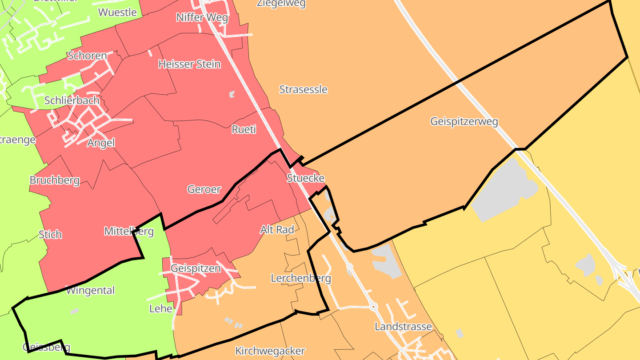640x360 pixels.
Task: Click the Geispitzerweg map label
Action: tap(464, 121)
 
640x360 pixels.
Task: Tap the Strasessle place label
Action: tap(303, 89)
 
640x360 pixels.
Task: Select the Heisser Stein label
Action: tap(189, 64)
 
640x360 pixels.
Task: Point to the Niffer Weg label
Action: tap(202, 17)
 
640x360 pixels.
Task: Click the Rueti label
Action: tap(244, 129)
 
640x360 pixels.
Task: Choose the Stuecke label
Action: tap(305, 178)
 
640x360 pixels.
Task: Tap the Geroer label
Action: tap(204, 189)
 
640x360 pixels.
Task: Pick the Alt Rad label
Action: tap(277, 230)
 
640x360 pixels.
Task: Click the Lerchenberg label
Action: tap(301, 278)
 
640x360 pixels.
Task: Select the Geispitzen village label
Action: tap(196, 268)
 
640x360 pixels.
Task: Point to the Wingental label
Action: tap(90, 291)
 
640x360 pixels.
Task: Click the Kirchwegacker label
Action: tap(270, 351)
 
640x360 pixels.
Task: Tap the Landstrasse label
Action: tap(403, 327)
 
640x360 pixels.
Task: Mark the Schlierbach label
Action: tap(72, 100)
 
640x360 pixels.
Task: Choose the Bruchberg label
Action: tap(55, 180)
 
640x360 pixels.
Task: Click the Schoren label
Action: tap(87, 56)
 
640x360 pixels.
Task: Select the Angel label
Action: tap(101, 143)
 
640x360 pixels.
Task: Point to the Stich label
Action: tap(50, 234)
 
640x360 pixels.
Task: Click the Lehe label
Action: tap(160, 308)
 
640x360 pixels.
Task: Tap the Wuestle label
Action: tap(117, 12)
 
